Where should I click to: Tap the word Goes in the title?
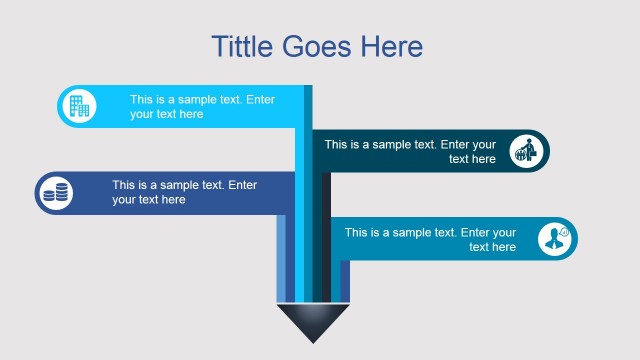coord(321,46)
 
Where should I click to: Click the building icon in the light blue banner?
coord(79,106)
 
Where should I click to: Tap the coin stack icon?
coord(57,192)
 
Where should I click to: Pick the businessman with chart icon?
coord(526,151)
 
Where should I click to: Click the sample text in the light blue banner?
coord(202,107)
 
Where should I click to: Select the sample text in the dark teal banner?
coord(410,151)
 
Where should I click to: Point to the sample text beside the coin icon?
coord(184,192)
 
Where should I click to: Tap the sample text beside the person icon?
coord(430,239)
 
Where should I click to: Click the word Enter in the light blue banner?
coord(259,99)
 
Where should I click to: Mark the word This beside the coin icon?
coord(125,185)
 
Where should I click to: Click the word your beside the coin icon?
coord(126,200)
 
